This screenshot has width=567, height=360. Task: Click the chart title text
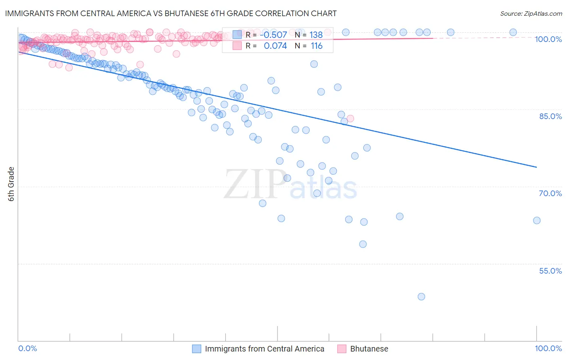click(x=171, y=13)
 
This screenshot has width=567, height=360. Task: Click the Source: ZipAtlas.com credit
click(x=531, y=14)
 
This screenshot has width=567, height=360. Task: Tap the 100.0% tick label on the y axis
click(x=548, y=39)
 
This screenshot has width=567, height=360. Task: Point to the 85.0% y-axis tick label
click(x=550, y=116)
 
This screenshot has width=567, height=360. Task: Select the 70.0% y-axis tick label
click(x=550, y=193)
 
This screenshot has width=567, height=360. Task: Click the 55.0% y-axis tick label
click(x=550, y=271)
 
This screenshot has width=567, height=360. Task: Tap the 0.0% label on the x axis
click(x=27, y=348)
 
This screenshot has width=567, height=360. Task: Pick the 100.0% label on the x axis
click(x=548, y=348)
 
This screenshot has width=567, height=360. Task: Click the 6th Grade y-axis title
click(x=11, y=184)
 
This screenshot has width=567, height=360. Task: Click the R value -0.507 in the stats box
click(x=273, y=35)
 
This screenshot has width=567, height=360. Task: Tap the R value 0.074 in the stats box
click(x=275, y=46)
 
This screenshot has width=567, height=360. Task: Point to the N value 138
click(x=316, y=35)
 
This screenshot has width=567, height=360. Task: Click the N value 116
click(x=316, y=46)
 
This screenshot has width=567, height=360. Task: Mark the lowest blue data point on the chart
click(x=421, y=297)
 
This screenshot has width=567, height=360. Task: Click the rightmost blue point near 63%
click(x=537, y=220)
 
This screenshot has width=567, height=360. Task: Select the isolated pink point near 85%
click(x=350, y=118)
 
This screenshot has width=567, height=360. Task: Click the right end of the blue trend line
click(x=537, y=167)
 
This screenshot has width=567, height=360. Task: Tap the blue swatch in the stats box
click(x=237, y=35)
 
